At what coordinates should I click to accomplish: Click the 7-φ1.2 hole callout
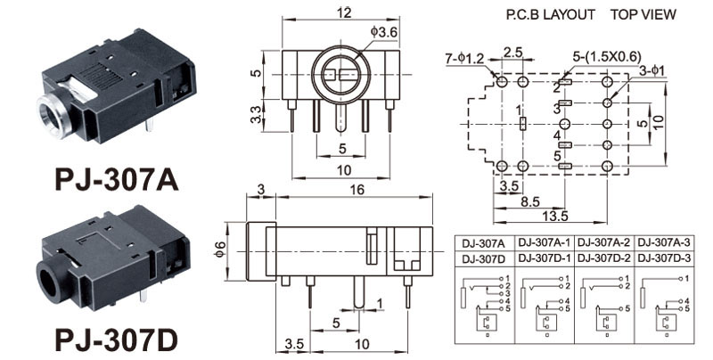[x=463, y=59]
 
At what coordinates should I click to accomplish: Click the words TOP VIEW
[x=643, y=14]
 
